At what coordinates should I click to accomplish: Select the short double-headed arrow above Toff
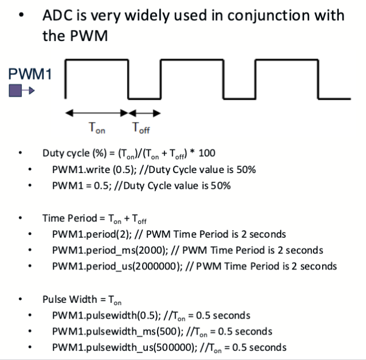[144, 113]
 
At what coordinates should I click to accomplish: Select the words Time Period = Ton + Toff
[91, 219]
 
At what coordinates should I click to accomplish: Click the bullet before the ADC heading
[21, 16]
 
